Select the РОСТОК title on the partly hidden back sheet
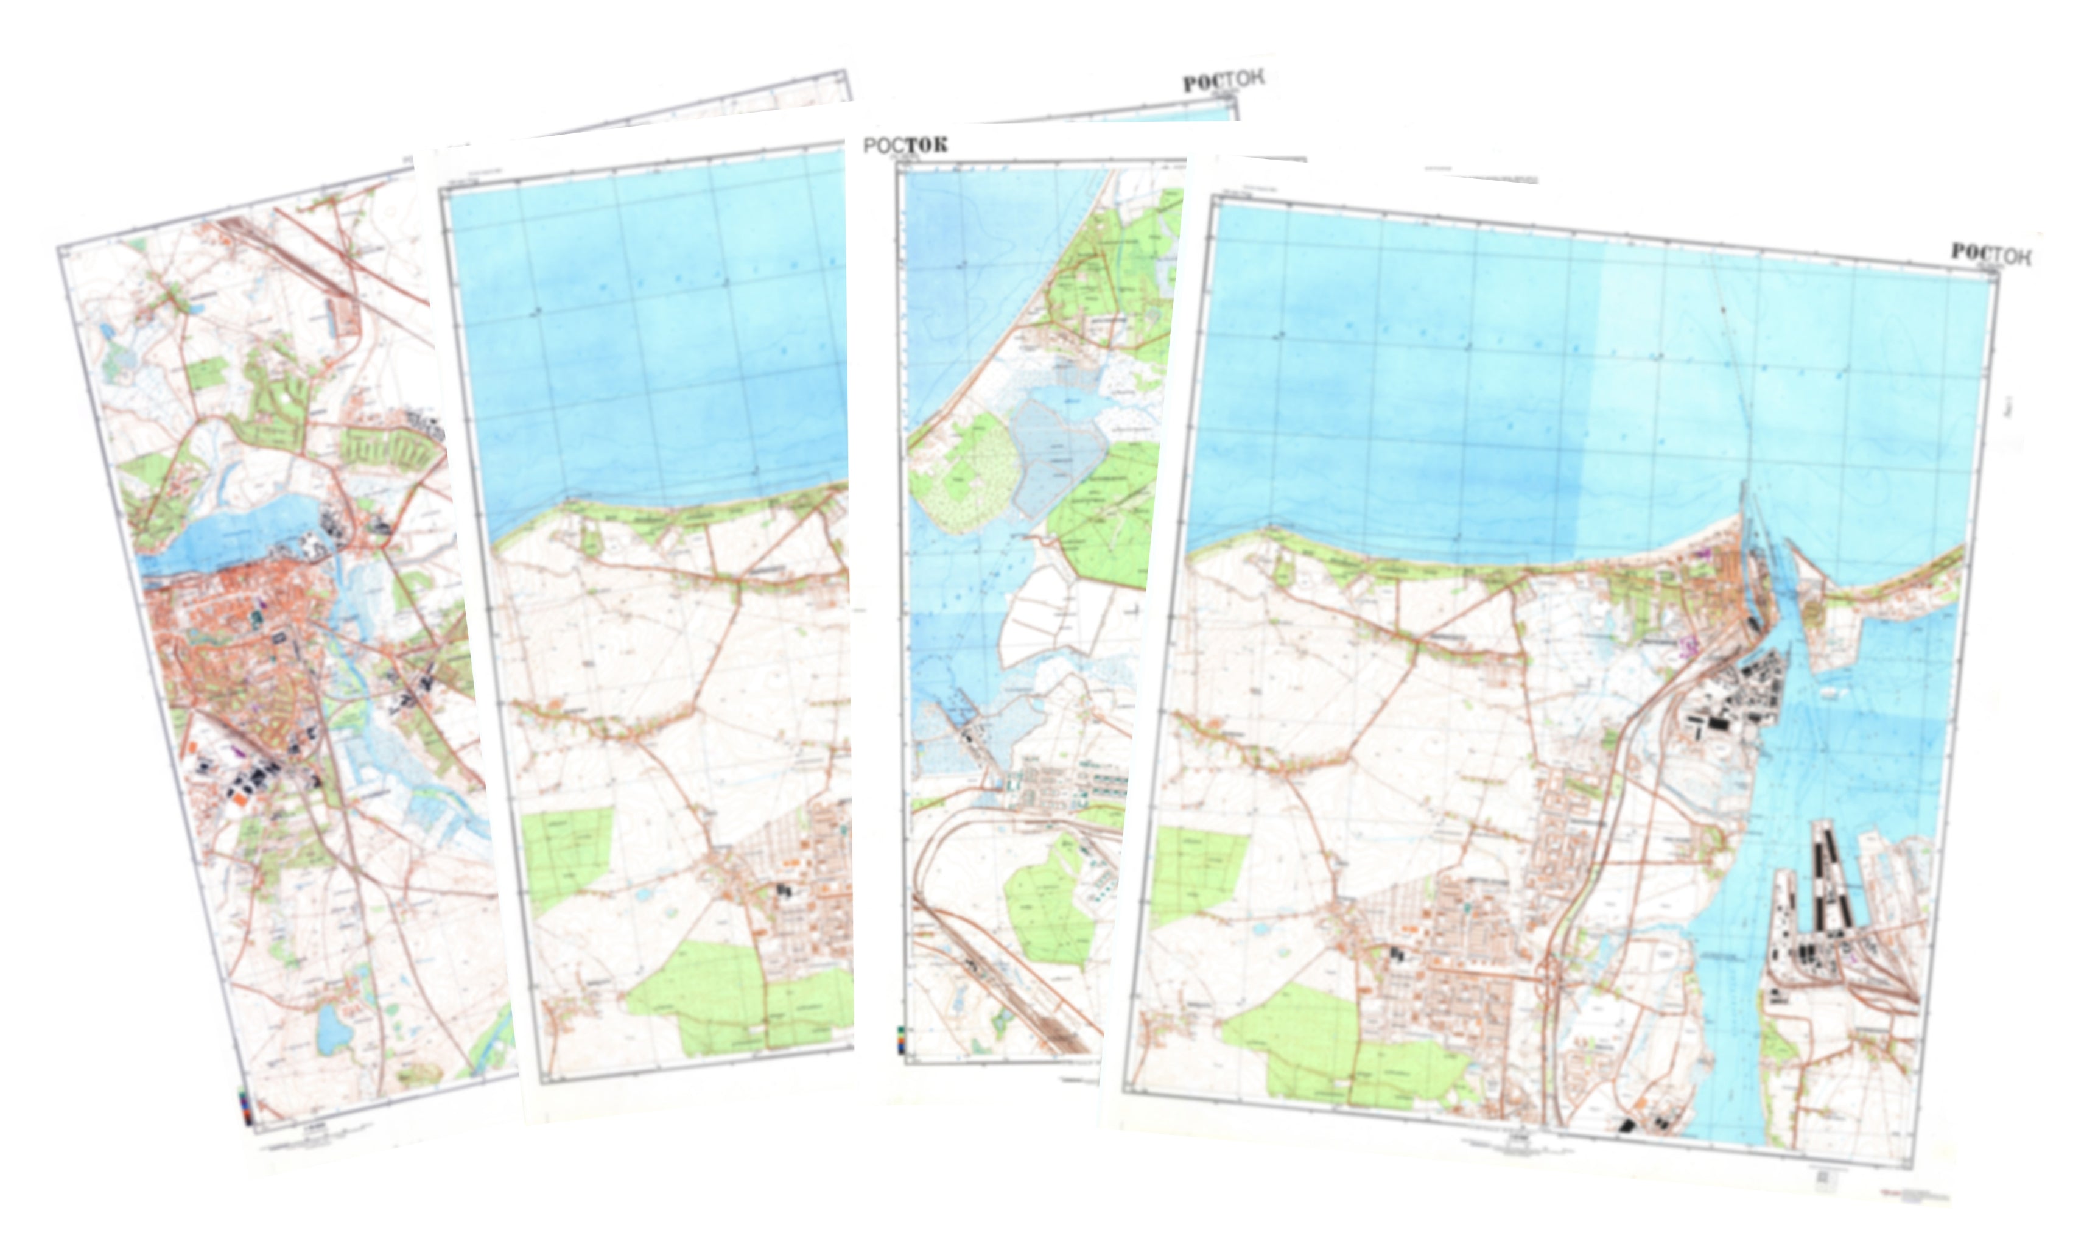click(x=1223, y=80)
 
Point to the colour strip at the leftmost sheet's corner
click(x=245, y=1107)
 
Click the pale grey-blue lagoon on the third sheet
click(x=1054, y=454)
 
